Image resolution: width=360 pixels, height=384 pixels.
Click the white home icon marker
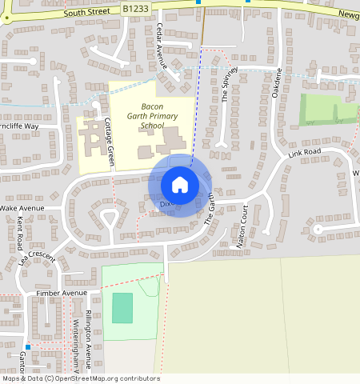tap(180, 185)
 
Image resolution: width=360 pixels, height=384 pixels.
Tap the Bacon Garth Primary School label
tap(151, 116)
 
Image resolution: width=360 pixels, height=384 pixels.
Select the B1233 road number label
tap(137, 8)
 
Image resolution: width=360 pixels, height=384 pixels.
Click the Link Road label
tap(304, 152)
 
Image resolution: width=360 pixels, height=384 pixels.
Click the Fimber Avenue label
tap(61, 294)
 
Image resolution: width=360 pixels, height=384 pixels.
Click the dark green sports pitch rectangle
tap(122, 308)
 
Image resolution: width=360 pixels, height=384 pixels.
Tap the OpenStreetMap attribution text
tap(80, 378)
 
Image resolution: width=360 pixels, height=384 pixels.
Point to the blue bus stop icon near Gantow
tap(26, 347)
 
